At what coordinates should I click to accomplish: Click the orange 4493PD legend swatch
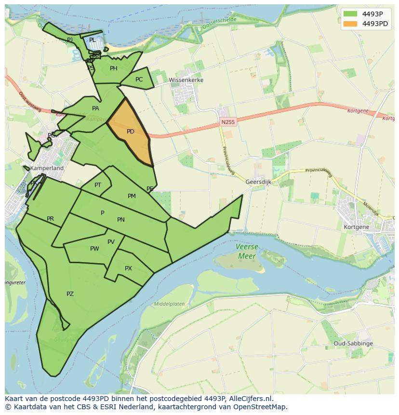pos(351,24)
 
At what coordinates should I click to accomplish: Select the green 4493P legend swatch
pos(351,14)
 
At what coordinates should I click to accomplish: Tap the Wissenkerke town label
pos(186,80)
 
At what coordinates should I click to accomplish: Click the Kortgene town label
pos(356,227)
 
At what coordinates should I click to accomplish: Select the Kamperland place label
pos(47,168)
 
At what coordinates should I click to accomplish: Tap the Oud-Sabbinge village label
pos(353,344)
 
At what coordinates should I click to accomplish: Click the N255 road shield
pos(228,122)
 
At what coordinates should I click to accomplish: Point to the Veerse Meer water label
pos(247,251)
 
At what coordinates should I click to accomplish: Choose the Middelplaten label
pos(169,304)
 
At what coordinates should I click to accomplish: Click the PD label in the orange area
pos(131,132)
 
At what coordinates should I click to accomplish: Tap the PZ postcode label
pos(70,294)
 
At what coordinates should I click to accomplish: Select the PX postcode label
pos(128,268)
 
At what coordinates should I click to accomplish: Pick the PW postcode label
pos(94,249)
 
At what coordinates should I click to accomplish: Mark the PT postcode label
pos(98,185)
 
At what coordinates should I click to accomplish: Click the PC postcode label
pos(139,80)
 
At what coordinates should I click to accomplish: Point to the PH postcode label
pos(113,68)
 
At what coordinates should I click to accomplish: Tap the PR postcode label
pos(50,219)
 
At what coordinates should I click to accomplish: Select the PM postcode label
pos(132,196)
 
